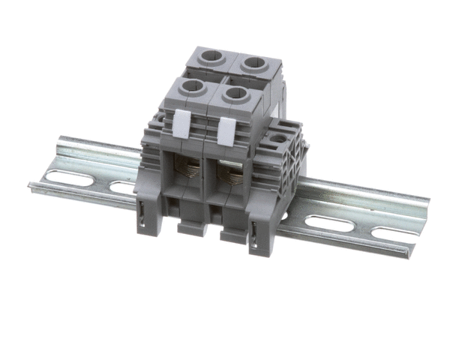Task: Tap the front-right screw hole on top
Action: coord(235,94)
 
